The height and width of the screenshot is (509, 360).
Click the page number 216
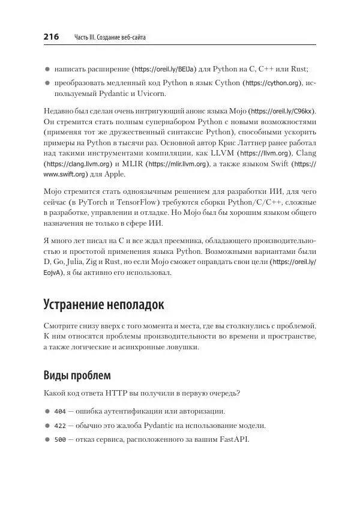pyautogui.click(x=51, y=37)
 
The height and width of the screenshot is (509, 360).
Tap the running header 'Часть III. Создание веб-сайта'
pyautogui.click(x=110, y=38)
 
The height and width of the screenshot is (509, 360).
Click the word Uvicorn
pyautogui.click(x=149, y=94)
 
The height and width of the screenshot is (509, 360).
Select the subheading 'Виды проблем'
pyautogui.click(x=77, y=376)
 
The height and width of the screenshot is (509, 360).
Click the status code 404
pyautogui.click(x=60, y=412)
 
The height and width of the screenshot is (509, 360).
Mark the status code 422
pyautogui.click(x=60, y=426)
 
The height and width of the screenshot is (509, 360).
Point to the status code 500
pyautogui.click(x=60, y=439)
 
